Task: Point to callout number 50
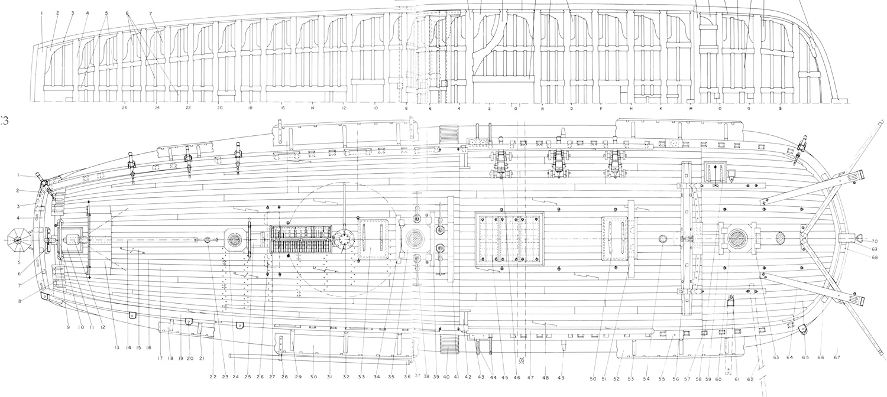coord(593,362)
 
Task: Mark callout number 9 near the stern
coord(68,327)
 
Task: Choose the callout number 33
coord(362,376)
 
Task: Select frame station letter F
coord(601,108)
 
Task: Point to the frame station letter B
coord(543,108)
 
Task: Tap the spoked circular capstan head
coord(344,240)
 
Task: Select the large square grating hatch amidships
coord(510,239)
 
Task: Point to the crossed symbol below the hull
coord(521,359)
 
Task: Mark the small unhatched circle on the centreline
coord(662,239)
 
